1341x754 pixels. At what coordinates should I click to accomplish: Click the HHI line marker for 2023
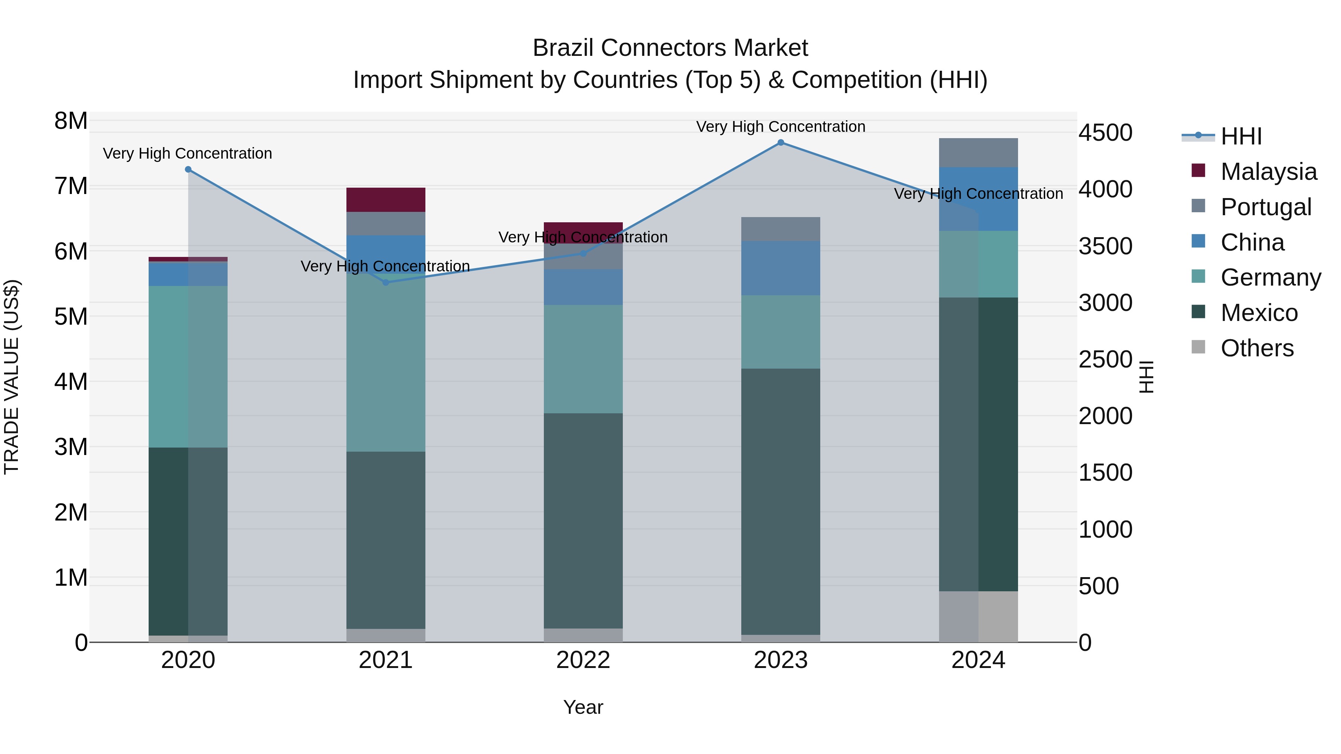coord(780,143)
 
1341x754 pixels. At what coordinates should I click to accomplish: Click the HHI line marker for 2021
coord(386,283)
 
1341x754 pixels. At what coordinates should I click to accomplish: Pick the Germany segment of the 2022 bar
coord(583,359)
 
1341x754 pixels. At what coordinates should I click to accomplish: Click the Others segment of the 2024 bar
coord(978,617)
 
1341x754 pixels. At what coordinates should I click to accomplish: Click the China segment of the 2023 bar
coord(780,268)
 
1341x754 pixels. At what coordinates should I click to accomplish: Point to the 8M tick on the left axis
coord(71,121)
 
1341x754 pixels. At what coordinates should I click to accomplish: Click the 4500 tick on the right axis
coord(1105,132)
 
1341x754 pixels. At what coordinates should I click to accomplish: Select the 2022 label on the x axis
coord(583,660)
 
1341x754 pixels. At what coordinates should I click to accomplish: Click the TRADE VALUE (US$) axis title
coord(12,377)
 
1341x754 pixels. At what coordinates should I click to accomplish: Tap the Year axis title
coord(583,707)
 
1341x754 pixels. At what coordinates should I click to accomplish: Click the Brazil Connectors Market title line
coord(670,48)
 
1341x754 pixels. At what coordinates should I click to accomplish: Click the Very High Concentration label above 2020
coord(187,153)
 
